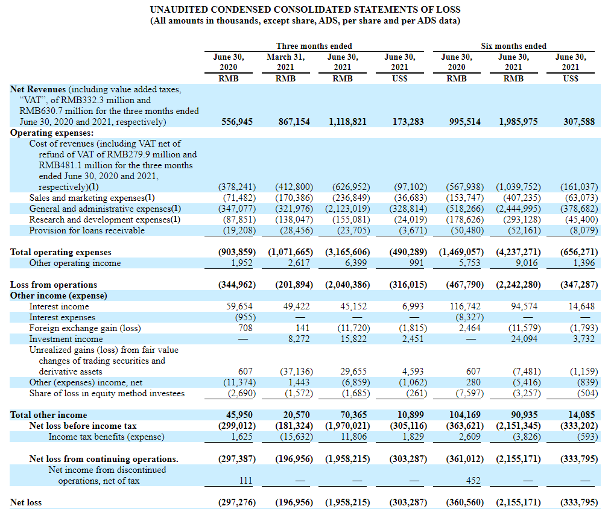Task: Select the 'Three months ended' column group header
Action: click(314, 46)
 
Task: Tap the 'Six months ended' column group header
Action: click(513, 46)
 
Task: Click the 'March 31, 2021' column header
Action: click(285, 62)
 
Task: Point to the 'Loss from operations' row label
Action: click(54, 285)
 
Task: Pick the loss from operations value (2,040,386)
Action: click(347, 285)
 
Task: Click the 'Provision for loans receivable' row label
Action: click(87, 230)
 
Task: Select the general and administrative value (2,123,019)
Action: click(349, 209)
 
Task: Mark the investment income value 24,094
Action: click(524, 339)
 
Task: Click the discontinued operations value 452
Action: click(473, 481)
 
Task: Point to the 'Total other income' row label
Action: click(49, 415)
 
